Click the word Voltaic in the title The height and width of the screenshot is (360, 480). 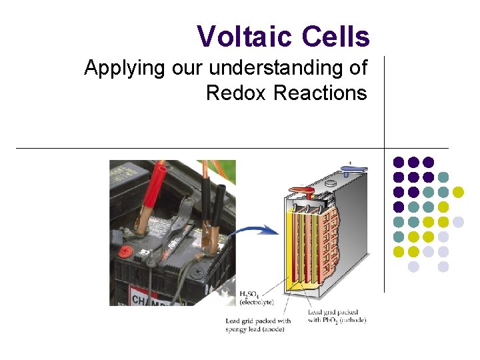(244, 37)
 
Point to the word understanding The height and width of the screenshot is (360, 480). (284, 68)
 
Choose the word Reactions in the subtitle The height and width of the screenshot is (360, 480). (320, 93)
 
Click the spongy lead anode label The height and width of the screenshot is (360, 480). (257, 325)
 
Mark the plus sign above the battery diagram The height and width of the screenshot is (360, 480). (349, 161)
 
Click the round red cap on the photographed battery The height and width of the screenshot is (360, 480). (127, 252)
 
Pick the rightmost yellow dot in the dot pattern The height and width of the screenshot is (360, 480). (458, 192)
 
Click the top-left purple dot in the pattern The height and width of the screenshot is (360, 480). (398, 162)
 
